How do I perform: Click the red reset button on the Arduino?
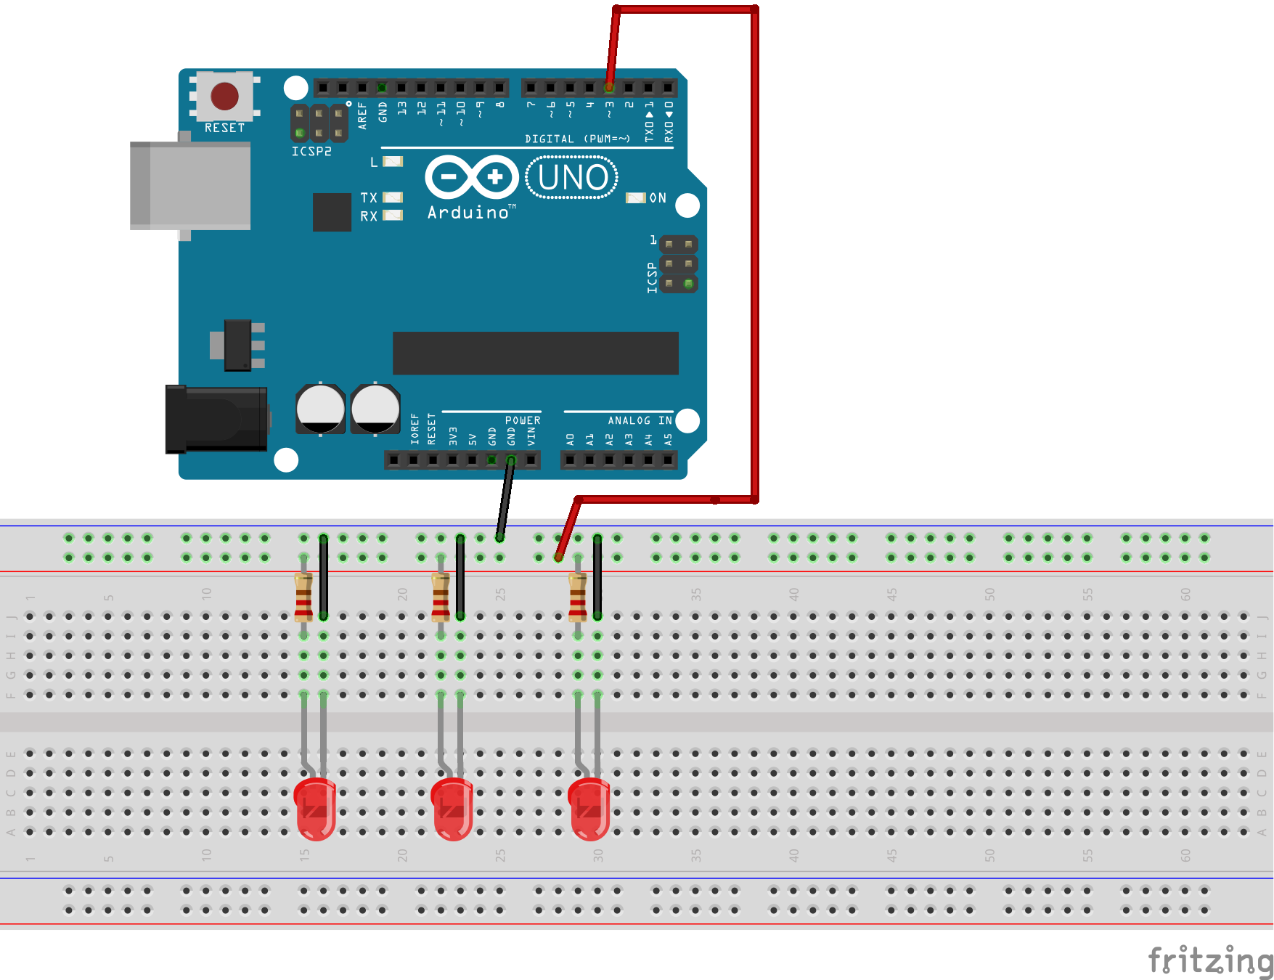click(x=224, y=96)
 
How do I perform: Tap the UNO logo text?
click(x=573, y=178)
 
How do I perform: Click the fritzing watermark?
click(x=1209, y=960)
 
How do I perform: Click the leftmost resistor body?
click(x=303, y=597)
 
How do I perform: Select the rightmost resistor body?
click(x=578, y=597)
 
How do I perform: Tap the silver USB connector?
click(x=190, y=186)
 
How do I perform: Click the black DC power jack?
click(x=216, y=419)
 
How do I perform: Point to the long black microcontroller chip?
click(x=535, y=353)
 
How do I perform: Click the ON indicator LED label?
click(x=658, y=198)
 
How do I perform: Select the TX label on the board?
click(x=369, y=197)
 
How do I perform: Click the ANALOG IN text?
click(x=640, y=420)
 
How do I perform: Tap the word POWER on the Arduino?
click(x=523, y=420)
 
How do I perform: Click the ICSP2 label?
click(x=311, y=152)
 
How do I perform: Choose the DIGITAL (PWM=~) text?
click(x=577, y=139)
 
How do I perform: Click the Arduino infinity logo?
click(x=472, y=177)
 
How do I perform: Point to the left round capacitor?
click(x=320, y=409)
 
